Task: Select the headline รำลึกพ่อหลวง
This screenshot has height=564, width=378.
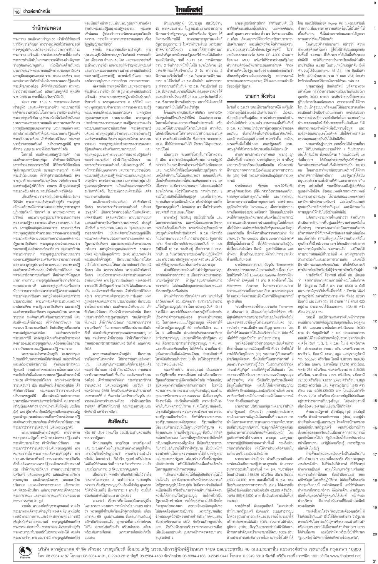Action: point(47,28)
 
